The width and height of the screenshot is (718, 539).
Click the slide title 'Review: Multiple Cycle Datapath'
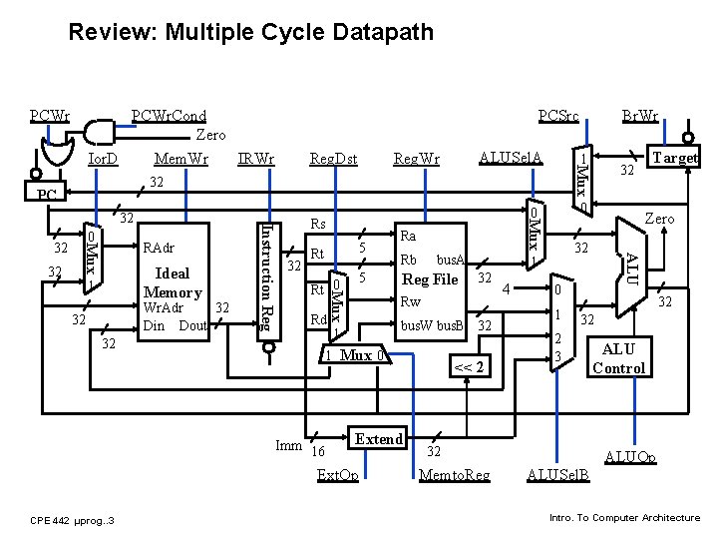pyautogui.click(x=250, y=32)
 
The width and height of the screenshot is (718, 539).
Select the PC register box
pyautogui.click(x=46, y=193)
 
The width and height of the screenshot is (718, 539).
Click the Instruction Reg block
pyautogui.click(x=266, y=279)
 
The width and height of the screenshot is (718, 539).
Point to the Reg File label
pyautogui.click(x=430, y=279)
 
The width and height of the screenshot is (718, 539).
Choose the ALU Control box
pyautogui.click(x=618, y=358)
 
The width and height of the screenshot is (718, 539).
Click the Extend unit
pyautogui.click(x=379, y=438)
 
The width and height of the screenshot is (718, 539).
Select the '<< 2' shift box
pyautogui.click(x=469, y=366)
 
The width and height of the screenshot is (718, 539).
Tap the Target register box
pyautogui.click(x=674, y=157)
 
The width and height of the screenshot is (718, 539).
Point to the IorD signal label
pyautogui.click(x=102, y=159)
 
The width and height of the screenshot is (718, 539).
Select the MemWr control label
pyautogui.click(x=181, y=159)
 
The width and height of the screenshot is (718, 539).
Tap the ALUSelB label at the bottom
pyautogui.click(x=558, y=474)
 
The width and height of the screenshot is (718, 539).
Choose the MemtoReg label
pyautogui.click(x=455, y=474)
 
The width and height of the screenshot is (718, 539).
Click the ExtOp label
pyautogui.click(x=337, y=474)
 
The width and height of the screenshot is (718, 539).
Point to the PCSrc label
pyautogui.click(x=558, y=116)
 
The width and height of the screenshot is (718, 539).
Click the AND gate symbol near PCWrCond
pyautogui.click(x=99, y=132)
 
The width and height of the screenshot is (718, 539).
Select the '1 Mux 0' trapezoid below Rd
pyautogui.click(x=355, y=356)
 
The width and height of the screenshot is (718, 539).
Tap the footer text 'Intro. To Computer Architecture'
pyautogui.click(x=624, y=517)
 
